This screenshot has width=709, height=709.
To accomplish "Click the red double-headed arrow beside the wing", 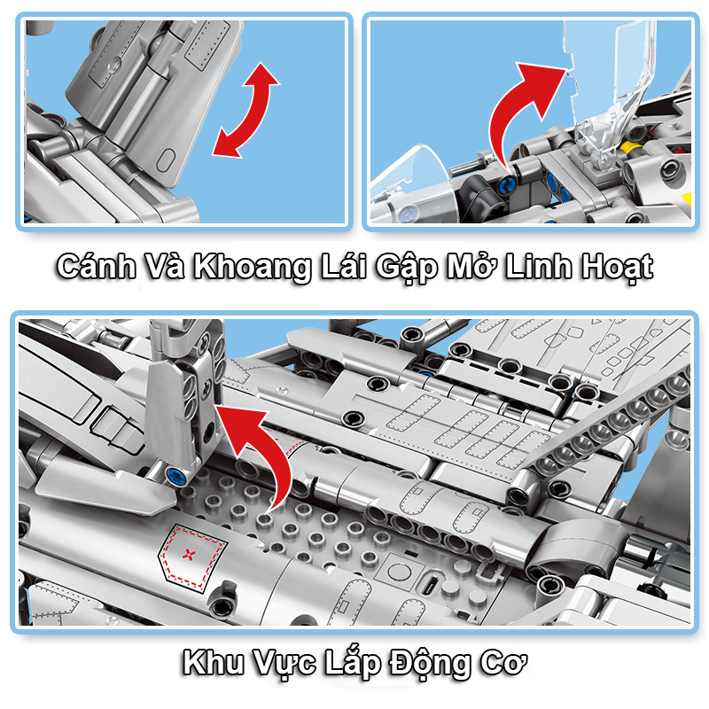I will [x=246, y=110].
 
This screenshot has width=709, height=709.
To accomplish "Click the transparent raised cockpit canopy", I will [x=612, y=89].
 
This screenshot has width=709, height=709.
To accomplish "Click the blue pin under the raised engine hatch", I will [x=176, y=475].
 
